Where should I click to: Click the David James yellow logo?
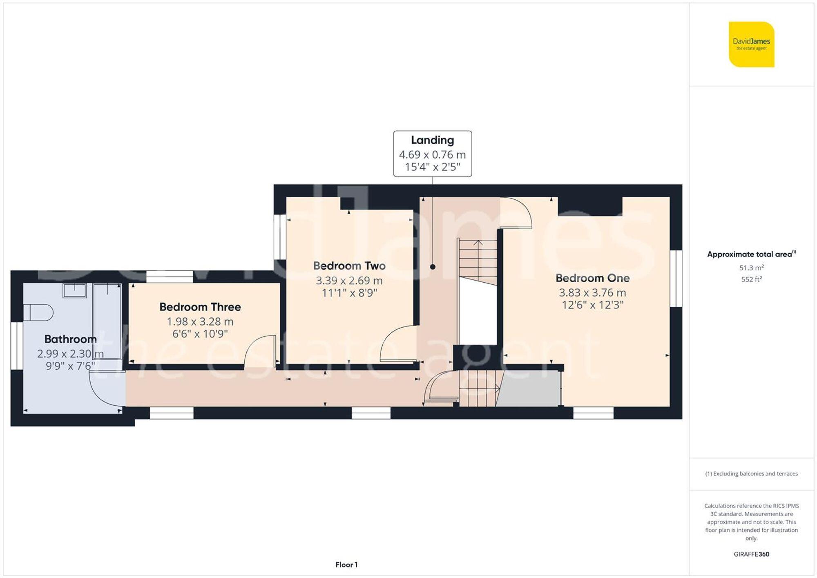point(751,45)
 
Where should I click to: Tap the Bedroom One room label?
point(592,278)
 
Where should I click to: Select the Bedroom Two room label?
point(349,266)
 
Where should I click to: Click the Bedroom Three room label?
point(200,307)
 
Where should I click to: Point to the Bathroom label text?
point(70,339)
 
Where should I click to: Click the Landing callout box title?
point(432,140)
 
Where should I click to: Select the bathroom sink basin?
point(74,290)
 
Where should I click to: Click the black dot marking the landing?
point(433,267)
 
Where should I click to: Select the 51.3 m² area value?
point(751,268)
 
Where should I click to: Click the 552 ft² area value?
point(751,279)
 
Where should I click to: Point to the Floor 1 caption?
point(346,565)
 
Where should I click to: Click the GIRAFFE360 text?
point(751,554)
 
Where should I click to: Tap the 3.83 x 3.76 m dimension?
point(592,292)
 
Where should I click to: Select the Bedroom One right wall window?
point(676,278)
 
